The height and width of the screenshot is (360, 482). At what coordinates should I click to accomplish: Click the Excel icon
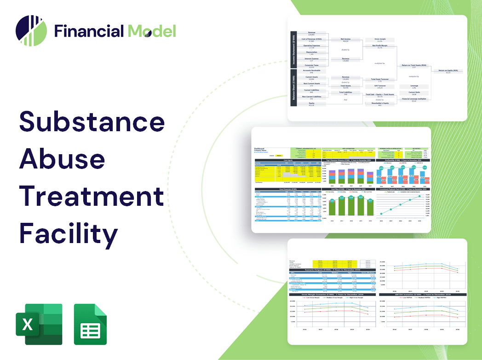[x=39, y=324]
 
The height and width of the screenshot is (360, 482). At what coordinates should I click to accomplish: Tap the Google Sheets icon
[x=91, y=324]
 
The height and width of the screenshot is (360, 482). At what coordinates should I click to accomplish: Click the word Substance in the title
[x=92, y=122]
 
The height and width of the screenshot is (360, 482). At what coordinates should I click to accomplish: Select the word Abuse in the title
[x=62, y=159]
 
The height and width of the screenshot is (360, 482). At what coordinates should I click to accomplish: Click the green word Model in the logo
[x=152, y=31]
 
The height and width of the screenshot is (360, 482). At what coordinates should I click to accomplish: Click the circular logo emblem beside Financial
[x=31, y=31]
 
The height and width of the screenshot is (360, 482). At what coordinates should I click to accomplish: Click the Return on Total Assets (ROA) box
[x=414, y=67]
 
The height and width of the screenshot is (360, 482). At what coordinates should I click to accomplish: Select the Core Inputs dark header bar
[x=288, y=160]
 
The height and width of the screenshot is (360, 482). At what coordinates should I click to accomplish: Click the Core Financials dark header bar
[x=288, y=189]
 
